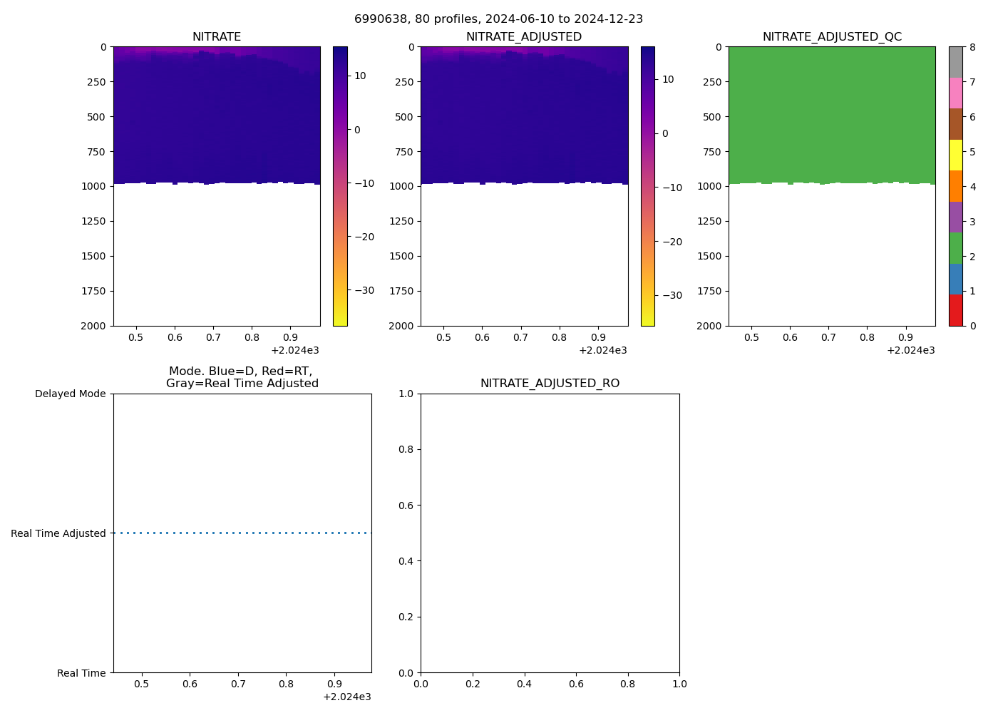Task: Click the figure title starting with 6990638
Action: click(498, 19)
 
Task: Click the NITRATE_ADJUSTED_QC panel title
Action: click(832, 37)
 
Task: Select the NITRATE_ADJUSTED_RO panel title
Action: click(550, 384)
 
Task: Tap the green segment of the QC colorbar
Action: click(955, 248)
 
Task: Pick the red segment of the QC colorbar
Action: click(955, 310)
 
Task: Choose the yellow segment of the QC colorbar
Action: click(955, 155)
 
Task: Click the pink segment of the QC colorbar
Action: click(955, 93)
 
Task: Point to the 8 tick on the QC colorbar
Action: click(972, 47)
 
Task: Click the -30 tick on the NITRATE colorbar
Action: click(364, 290)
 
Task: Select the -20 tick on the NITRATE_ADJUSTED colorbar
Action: click(672, 242)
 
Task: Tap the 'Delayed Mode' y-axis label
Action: click(70, 394)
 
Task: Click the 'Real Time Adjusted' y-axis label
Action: click(58, 533)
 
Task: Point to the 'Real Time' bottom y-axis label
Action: click(81, 673)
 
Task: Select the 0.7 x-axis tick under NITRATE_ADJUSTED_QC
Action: click(828, 337)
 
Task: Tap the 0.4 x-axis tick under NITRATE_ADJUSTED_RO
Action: click(524, 684)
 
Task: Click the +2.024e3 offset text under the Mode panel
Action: click(346, 697)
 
